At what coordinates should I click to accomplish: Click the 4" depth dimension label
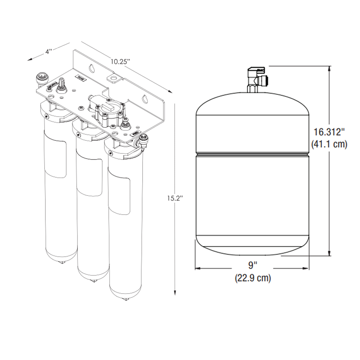(49, 51)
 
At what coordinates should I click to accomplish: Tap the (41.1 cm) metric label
(329, 144)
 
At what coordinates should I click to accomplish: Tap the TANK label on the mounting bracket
(80, 78)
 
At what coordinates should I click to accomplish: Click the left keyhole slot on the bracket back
(91, 67)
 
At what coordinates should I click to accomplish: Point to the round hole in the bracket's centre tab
(114, 77)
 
